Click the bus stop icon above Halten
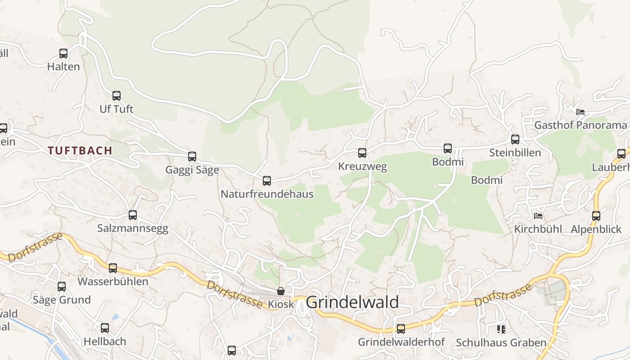63,54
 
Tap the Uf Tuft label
117,109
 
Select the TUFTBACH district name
80,151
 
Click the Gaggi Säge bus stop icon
192,157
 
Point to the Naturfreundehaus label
267,194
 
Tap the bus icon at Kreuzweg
362,153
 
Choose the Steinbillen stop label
515,153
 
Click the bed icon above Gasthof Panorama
580,112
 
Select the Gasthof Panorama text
580,125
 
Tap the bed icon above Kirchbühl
538,216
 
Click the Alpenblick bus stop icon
596,216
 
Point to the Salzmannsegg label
133,229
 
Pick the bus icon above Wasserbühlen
113,268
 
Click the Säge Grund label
62,300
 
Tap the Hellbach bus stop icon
105,328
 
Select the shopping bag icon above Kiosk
281,291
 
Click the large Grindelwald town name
352,302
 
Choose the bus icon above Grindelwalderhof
401,329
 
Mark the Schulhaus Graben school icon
501,329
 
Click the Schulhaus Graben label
501,343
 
